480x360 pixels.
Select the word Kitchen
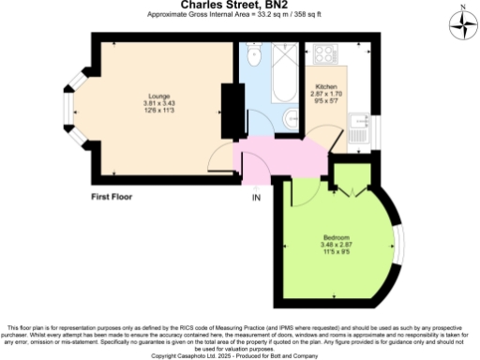pyautogui.click(x=325, y=88)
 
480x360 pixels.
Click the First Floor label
pyautogui.click(x=112, y=198)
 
